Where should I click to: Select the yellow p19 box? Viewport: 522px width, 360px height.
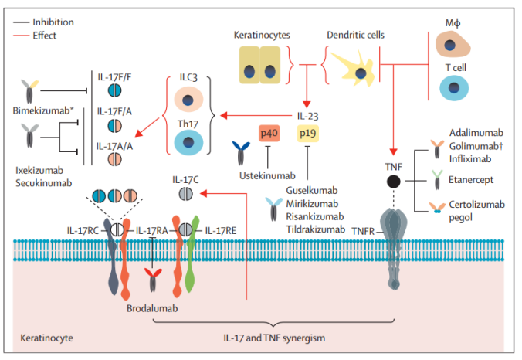tap(308, 133)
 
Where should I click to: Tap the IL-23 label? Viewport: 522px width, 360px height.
tap(307, 116)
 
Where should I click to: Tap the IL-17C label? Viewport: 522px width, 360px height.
tap(185, 178)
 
